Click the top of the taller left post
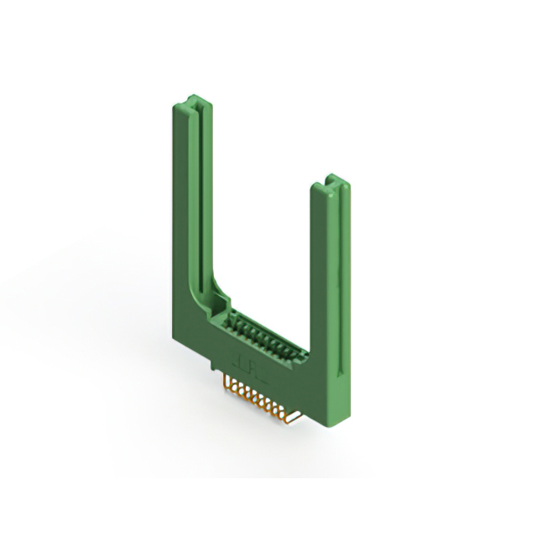[x=192, y=104]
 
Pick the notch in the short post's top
[x=334, y=180]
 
